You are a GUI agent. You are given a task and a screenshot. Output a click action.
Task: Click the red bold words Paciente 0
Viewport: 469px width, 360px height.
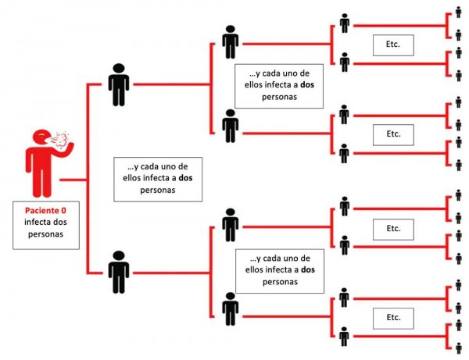pyautogui.click(x=45, y=210)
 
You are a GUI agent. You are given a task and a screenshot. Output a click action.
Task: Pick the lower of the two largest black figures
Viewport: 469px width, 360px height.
pyautogui.click(x=119, y=271)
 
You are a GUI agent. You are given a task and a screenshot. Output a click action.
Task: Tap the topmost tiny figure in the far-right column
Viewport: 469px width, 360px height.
pyautogui.click(x=458, y=14)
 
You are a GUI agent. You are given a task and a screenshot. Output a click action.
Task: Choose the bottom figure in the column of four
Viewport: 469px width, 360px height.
pyautogui.click(x=230, y=308)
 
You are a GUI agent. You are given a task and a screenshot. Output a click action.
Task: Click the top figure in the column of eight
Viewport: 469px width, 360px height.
pyautogui.click(x=344, y=23)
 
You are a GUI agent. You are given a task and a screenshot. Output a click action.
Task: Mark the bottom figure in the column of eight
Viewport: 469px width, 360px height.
pyautogui.click(x=344, y=337)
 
